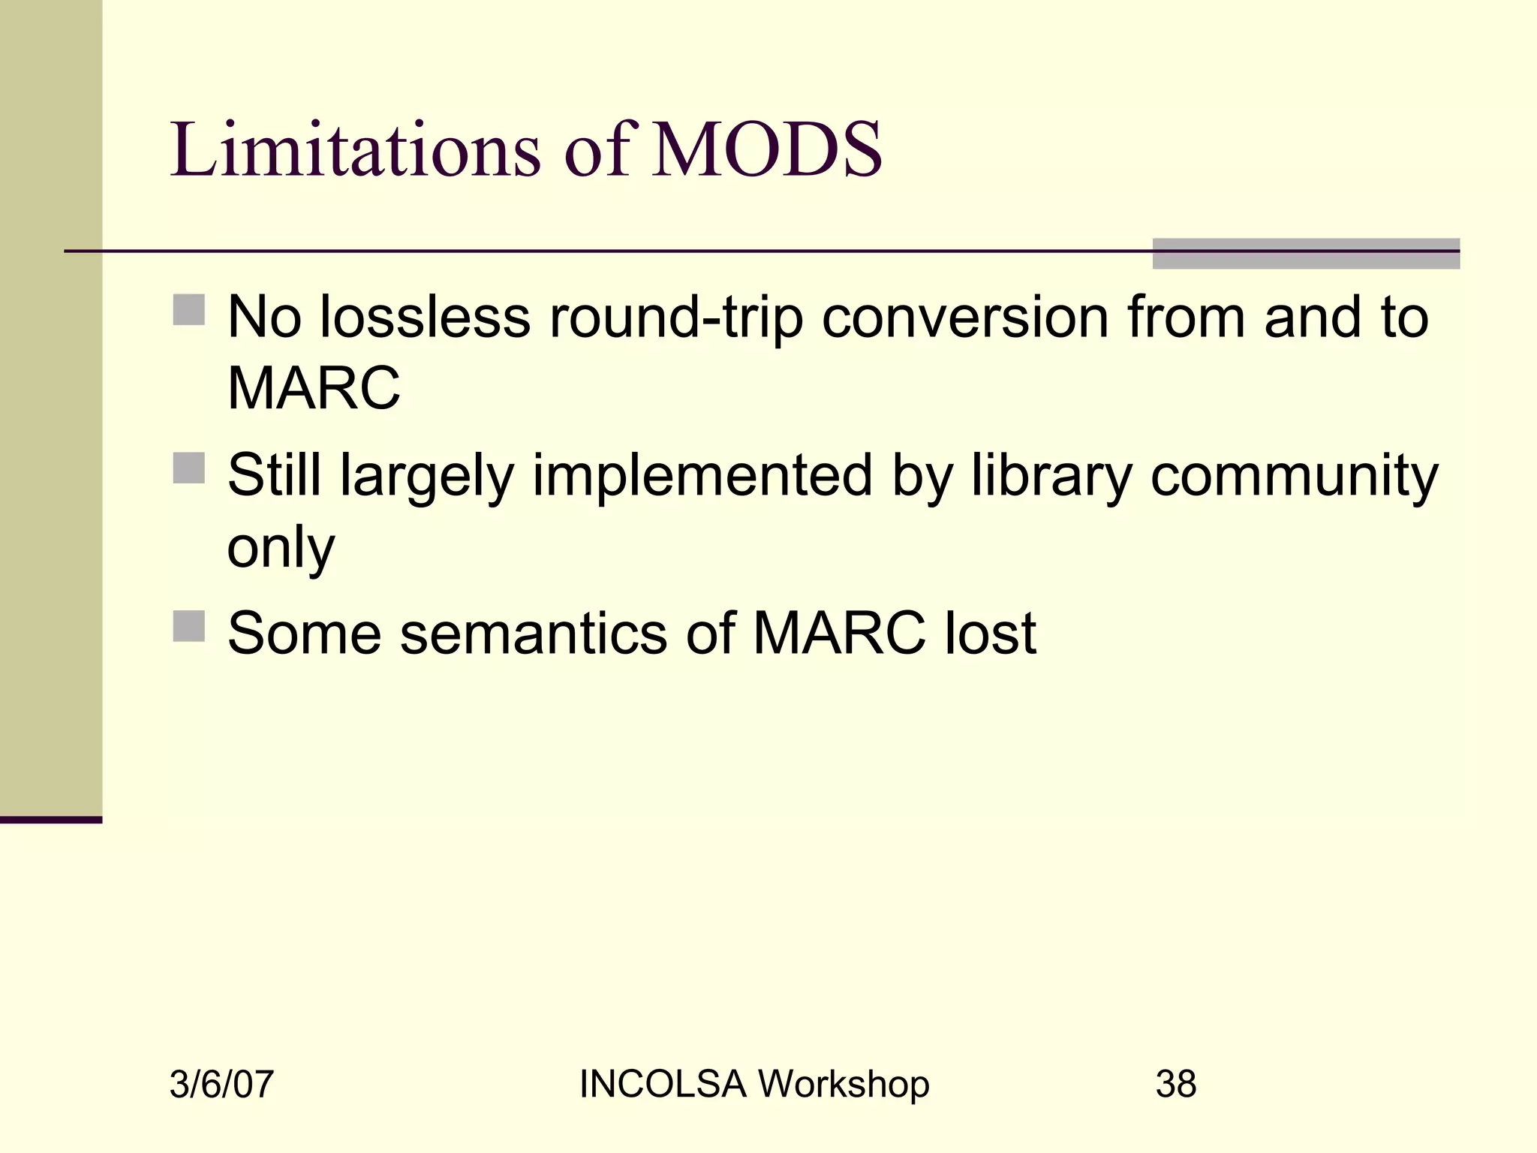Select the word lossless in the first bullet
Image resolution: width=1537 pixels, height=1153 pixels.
coord(426,318)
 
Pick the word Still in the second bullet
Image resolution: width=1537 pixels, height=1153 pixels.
coord(275,475)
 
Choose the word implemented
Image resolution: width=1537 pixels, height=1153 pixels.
coord(702,477)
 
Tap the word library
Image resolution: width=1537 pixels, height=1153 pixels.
coord(1051,477)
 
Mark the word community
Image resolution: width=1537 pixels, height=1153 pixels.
coord(1295,477)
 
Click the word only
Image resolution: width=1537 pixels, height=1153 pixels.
coord(281,549)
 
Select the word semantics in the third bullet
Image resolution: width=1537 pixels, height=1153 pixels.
coord(534,634)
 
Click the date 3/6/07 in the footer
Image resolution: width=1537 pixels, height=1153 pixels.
coord(221,1085)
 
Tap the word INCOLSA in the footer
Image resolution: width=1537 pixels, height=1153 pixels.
coord(663,1085)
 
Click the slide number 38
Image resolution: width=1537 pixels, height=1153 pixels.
coord(1176,1085)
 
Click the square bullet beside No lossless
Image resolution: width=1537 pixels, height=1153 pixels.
coord(189,309)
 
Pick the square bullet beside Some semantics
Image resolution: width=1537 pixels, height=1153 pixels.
coord(189,626)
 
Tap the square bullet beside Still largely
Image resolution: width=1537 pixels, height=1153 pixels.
coord(189,468)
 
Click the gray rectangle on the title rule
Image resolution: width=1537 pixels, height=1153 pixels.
coord(1306,254)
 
